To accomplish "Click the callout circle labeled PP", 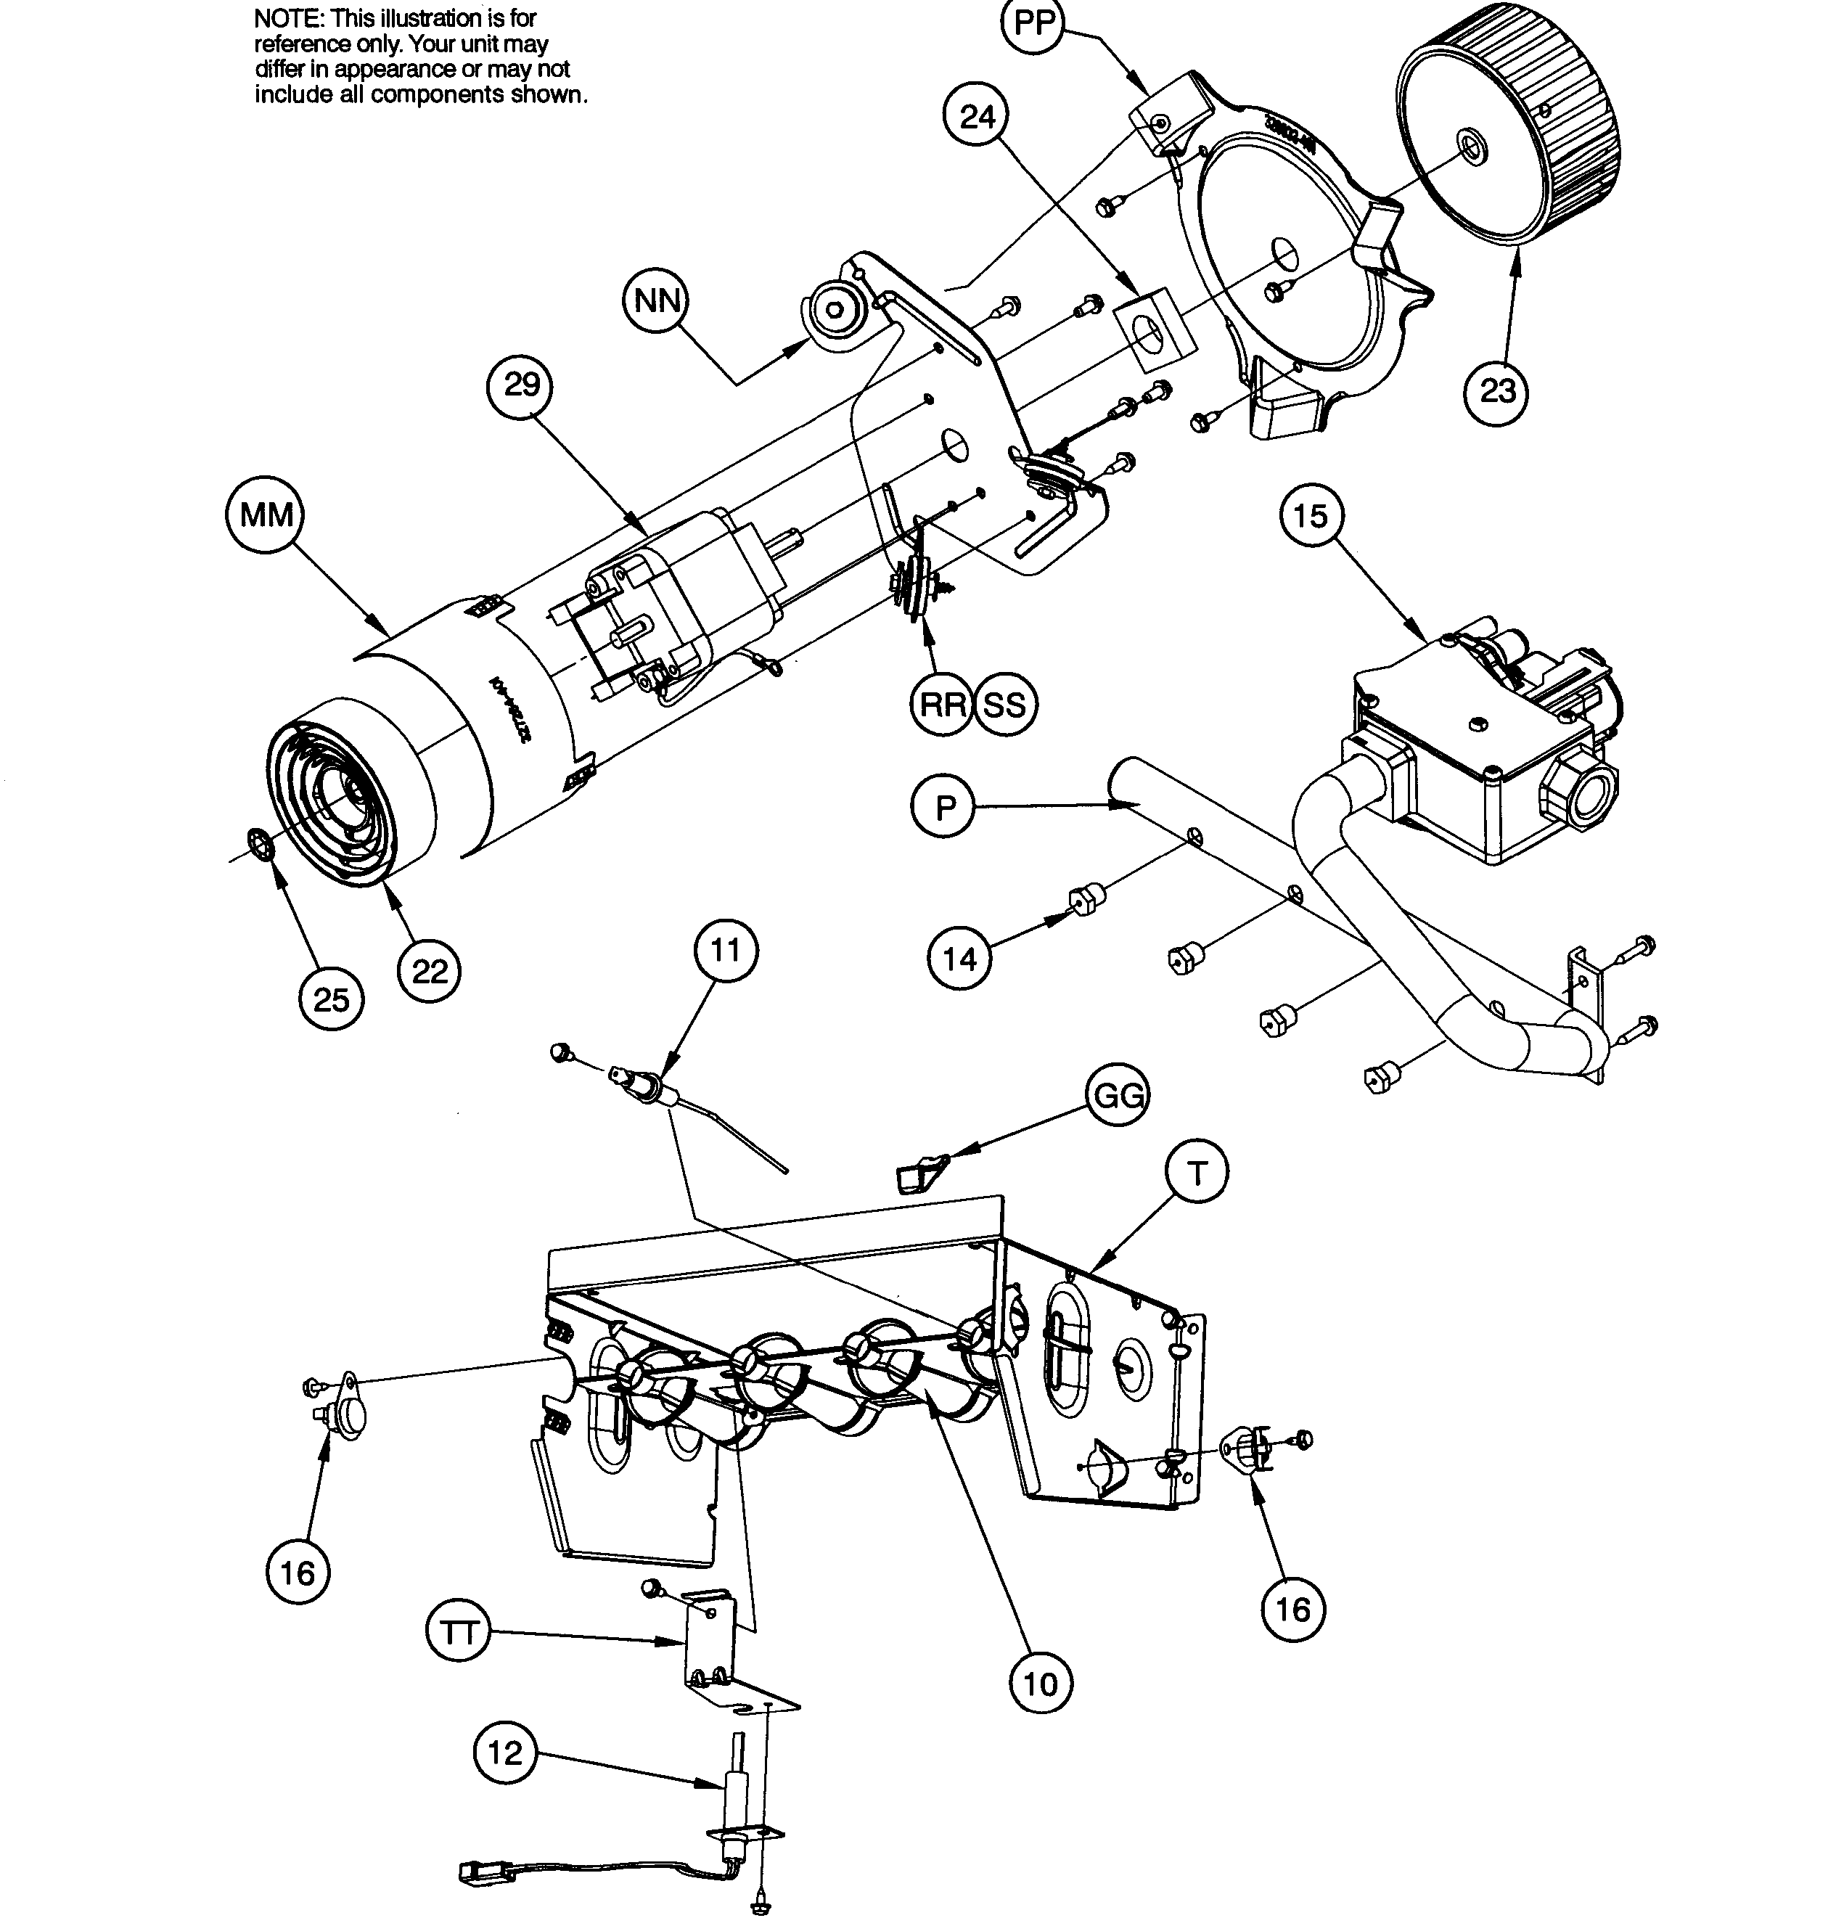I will [1033, 23].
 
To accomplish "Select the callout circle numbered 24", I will [977, 116].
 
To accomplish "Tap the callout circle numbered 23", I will [1497, 390].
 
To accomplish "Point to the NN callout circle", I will [657, 300].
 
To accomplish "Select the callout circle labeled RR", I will [943, 704].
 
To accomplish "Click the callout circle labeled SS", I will [1004, 704].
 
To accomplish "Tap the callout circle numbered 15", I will [1311, 516].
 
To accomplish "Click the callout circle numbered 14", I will [959, 958].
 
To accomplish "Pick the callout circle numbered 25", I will [331, 999].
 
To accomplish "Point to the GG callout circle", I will [1118, 1095].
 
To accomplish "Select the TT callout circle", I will [459, 1632].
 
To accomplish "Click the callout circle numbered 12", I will [505, 1753].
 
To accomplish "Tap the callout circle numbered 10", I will [1041, 1684].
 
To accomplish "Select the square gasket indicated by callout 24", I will [1157, 329].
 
